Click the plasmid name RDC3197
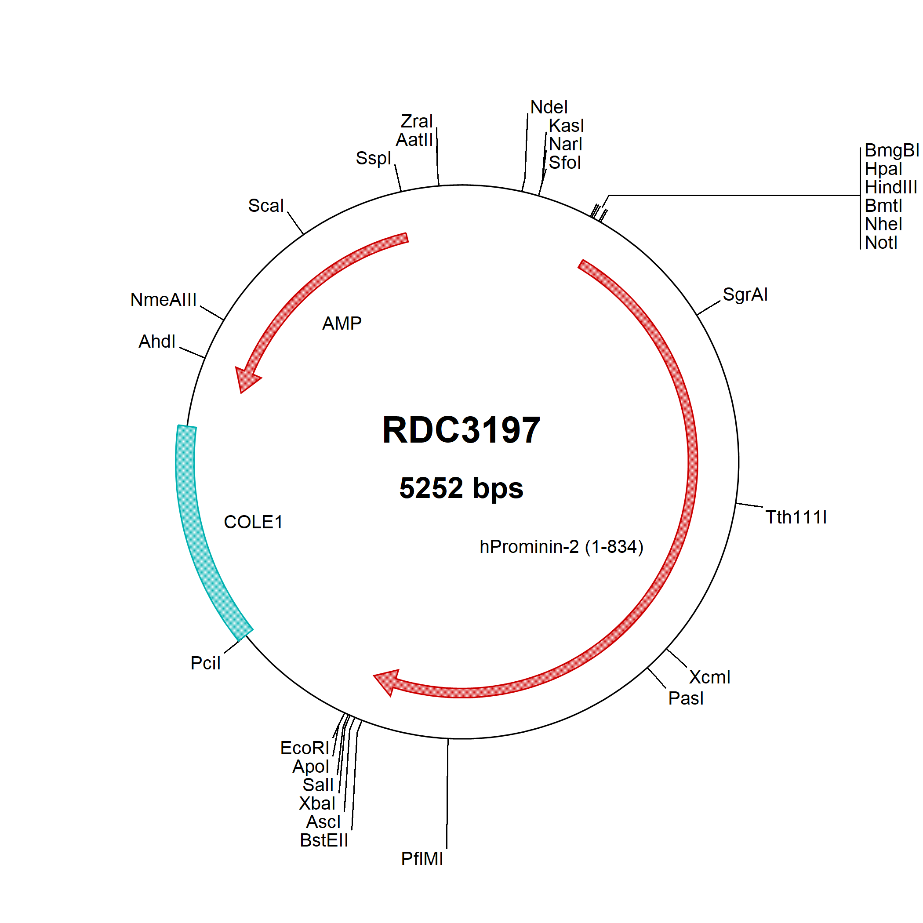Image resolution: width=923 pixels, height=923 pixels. click(461, 430)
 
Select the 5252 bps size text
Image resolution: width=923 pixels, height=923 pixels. click(461, 488)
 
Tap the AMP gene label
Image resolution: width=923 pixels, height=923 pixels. click(342, 323)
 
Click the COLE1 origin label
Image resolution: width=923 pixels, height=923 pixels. click(253, 522)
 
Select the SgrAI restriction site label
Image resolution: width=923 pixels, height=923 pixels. click(745, 295)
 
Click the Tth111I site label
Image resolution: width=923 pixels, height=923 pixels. click(796, 517)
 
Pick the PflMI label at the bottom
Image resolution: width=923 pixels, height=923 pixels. click(422, 859)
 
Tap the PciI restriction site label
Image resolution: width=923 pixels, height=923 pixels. click(205, 663)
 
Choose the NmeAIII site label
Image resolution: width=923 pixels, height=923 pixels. click(164, 300)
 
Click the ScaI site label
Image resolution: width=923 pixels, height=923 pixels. click(266, 205)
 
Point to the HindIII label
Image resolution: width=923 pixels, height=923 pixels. click(891, 187)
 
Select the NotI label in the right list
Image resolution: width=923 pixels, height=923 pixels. click(881, 243)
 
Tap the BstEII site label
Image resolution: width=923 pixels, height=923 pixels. click(324, 840)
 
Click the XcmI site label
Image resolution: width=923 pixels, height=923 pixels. click(710, 677)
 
